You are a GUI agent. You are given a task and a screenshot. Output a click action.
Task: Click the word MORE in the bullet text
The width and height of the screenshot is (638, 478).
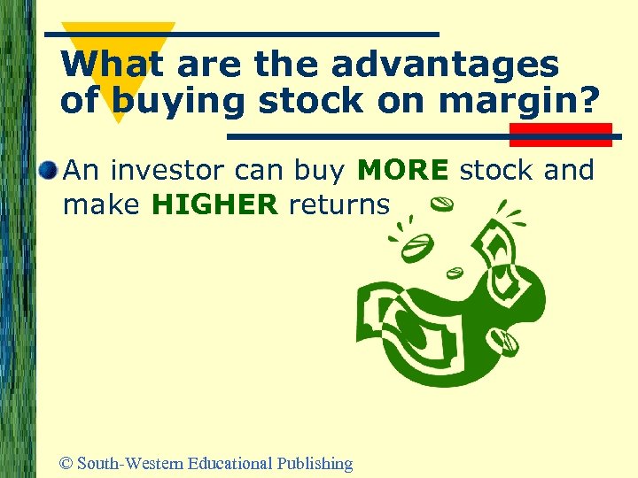402,170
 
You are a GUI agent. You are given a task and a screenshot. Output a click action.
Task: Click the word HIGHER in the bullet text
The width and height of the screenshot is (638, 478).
215,205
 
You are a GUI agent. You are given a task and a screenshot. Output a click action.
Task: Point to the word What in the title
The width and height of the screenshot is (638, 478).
115,64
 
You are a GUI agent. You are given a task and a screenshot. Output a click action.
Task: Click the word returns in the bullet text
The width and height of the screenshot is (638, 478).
339,205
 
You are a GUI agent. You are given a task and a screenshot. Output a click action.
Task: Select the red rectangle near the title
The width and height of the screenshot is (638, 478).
560,135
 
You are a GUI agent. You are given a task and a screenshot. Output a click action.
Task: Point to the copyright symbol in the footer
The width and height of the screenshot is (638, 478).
65,463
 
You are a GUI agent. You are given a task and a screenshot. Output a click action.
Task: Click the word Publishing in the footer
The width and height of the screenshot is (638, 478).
315,464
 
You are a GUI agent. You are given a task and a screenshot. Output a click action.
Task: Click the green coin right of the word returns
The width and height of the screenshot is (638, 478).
442,204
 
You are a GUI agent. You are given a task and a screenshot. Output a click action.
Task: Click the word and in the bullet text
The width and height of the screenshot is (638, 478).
569,170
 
